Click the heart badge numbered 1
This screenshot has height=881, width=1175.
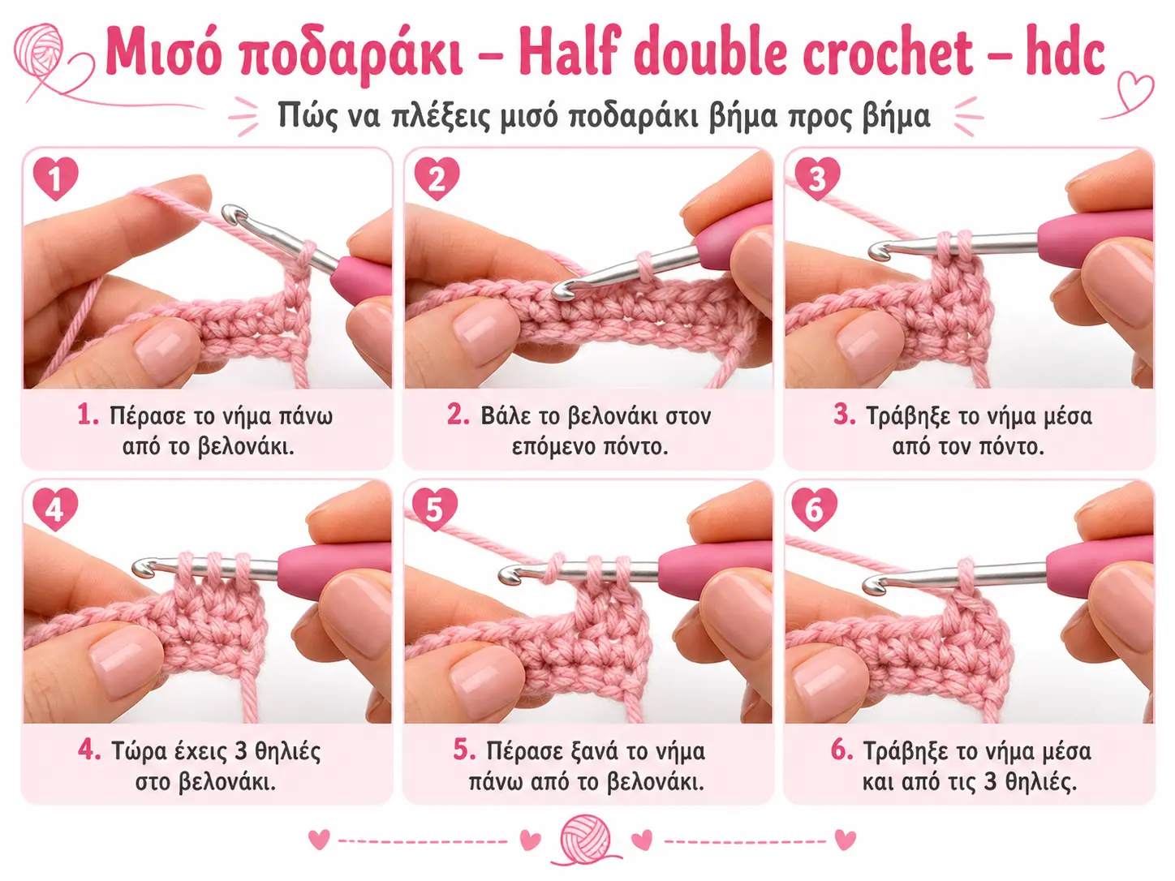tap(56, 178)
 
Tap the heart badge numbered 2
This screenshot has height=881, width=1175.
tap(437, 178)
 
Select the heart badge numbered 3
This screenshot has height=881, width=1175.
tap(817, 178)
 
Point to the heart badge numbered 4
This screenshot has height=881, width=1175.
tap(55, 509)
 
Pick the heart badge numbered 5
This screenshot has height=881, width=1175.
tap(435, 509)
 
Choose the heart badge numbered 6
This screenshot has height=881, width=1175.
tap(814, 509)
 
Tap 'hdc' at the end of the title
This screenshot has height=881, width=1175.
tap(1065, 51)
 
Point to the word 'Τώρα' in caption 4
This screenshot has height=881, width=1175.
tap(140, 751)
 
